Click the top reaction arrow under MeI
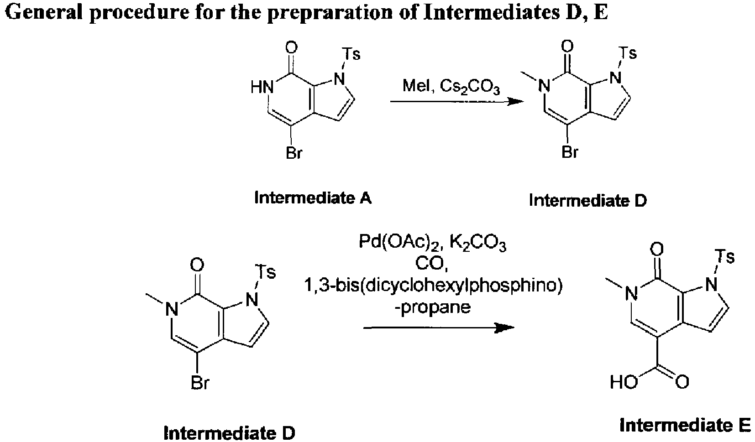456,102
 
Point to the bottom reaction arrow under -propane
439,328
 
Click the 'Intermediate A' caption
313,198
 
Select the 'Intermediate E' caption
685,425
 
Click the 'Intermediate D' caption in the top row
588,200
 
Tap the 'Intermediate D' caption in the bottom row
230,432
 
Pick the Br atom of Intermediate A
294,153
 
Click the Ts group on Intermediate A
351,55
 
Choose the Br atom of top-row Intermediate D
570,153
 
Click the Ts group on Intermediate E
725,257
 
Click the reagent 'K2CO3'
478,244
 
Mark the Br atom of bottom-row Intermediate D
199,384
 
